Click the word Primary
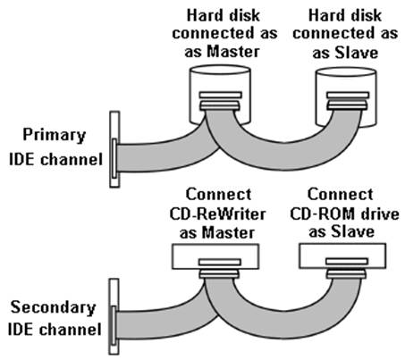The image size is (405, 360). [55, 136]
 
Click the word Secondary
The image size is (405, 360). [53, 307]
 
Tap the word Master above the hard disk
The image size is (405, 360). [233, 51]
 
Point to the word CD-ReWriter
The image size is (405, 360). [217, 214]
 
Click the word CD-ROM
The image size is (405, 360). [321, 213]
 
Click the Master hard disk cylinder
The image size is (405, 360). [220, 80]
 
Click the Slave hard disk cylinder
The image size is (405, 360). [346, 81]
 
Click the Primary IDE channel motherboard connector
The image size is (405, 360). [114, 149]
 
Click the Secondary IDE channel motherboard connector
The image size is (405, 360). [114, 316]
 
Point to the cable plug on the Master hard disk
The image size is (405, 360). [220, 105]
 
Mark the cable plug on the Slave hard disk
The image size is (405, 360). [347, 105]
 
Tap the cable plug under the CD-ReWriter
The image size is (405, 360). [219, 273]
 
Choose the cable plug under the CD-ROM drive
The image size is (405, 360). [346, 273]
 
